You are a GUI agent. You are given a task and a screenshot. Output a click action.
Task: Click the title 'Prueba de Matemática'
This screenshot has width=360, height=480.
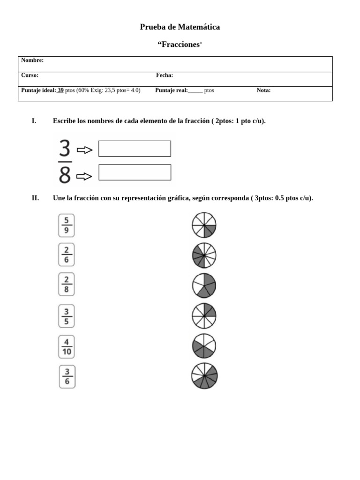[180, 27]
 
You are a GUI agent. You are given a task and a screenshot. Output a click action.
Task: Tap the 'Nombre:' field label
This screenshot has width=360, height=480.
[32, 60]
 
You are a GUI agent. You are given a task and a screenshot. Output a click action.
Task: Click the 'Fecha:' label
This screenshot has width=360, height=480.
[165, 75]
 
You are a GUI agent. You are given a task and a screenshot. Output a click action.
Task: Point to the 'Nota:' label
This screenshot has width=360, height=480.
[263, 90]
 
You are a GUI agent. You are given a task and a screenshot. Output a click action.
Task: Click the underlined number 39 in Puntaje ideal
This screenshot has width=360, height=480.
[60, 90]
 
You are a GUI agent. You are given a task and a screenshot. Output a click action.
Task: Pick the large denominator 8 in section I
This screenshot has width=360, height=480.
[65, 176]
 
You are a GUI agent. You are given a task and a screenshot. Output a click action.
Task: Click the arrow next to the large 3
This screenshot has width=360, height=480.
[85, 150]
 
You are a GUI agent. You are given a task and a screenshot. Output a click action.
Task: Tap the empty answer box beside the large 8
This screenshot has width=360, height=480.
[135, 172]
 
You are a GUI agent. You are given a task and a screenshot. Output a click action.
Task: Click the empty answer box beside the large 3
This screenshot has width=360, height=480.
[135, 149]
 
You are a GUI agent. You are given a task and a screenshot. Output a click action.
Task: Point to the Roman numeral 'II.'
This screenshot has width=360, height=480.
[35, 198]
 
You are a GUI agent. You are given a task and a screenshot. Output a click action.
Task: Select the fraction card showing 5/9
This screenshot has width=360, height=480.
[67, 225]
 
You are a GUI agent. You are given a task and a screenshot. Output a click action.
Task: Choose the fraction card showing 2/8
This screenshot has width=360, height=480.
[67, 285]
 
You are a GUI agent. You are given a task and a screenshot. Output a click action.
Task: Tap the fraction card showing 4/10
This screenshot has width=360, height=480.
[67, 346]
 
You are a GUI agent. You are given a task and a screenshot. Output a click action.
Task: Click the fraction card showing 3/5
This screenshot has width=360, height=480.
[67, 316]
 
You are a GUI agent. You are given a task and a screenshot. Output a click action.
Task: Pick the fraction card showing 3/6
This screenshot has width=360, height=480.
[67, 377]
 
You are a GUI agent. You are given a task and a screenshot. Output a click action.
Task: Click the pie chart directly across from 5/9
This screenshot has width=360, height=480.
[204, 225]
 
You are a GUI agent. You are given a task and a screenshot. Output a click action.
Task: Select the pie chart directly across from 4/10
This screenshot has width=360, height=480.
[204, 346]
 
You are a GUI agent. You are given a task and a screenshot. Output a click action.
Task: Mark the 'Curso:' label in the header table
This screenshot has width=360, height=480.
[30, 75]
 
